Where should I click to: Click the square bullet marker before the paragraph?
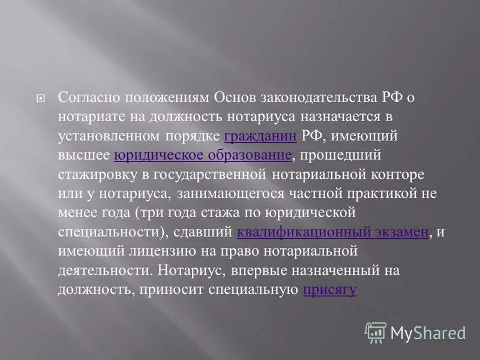[40, 98]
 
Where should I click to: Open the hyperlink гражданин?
[260, 136]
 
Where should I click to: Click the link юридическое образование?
[203, 155]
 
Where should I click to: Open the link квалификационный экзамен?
[332, 232]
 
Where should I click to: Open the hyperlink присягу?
[330, 290]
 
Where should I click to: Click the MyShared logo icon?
[376, 332]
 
